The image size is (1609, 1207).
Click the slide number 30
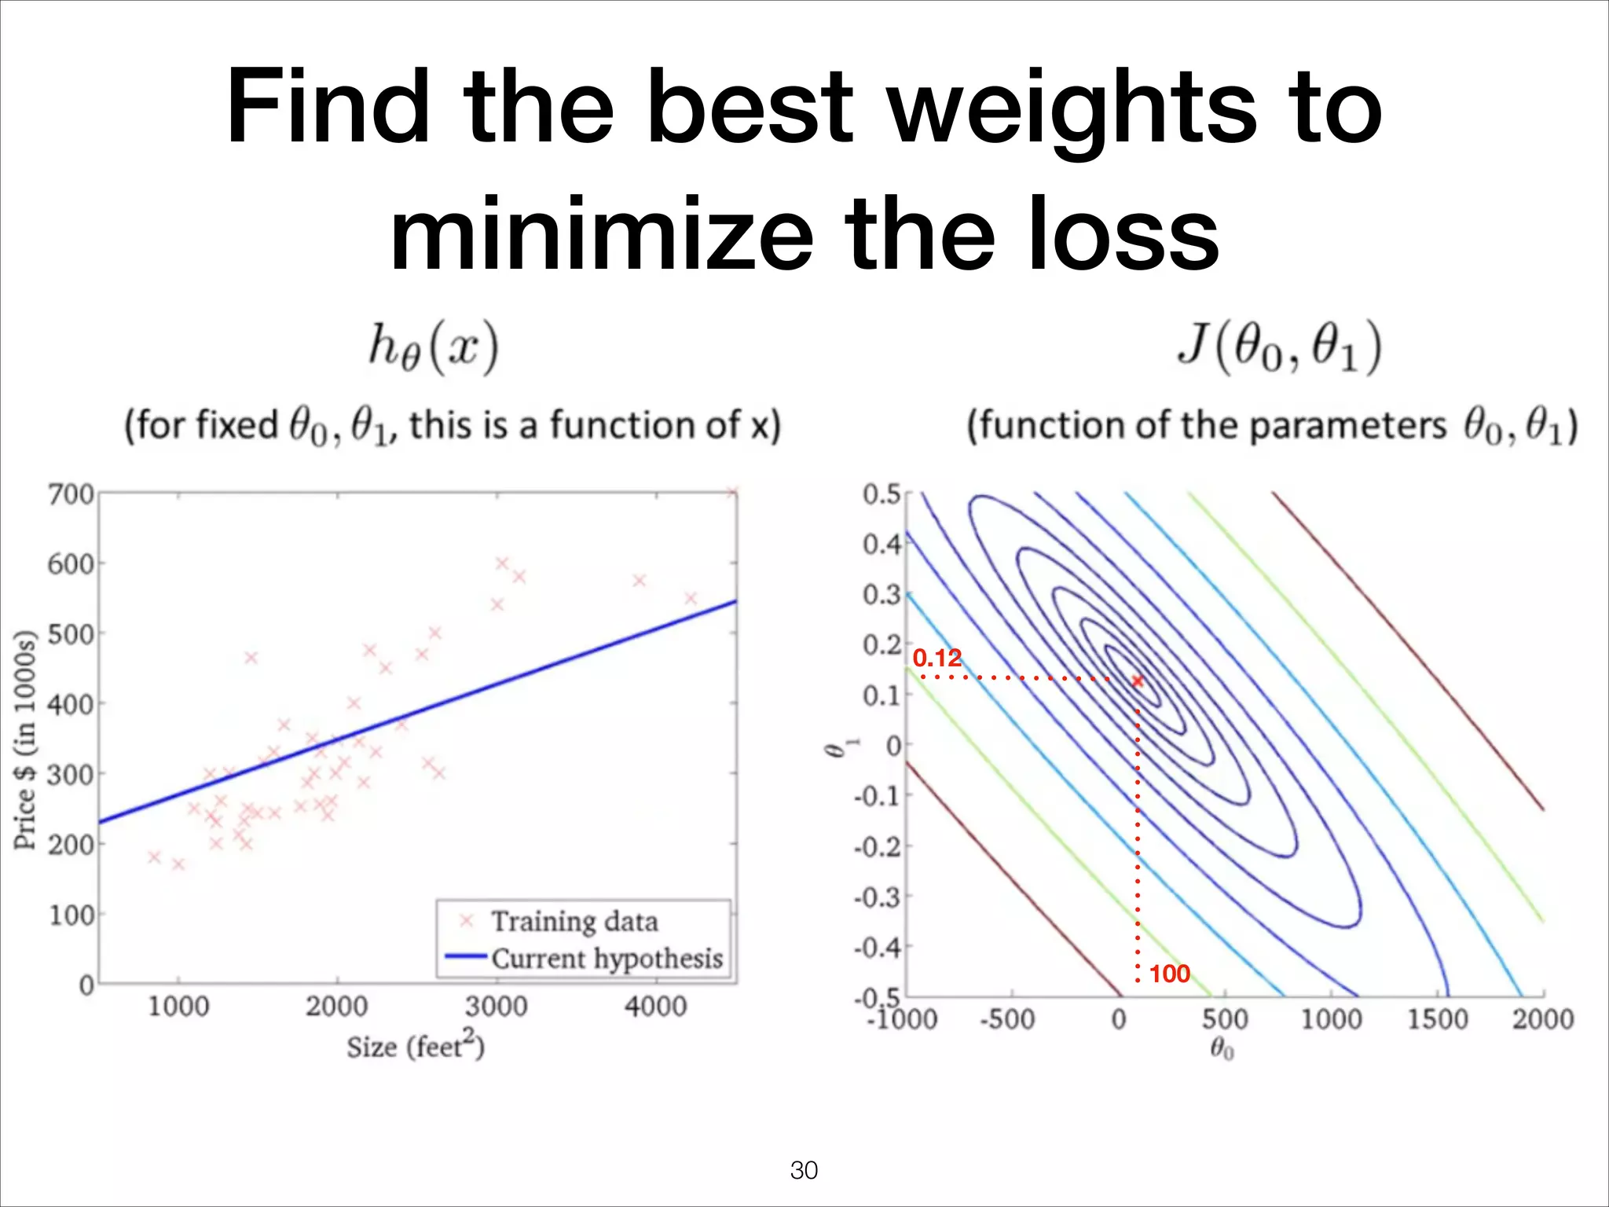(x=804, y=1170)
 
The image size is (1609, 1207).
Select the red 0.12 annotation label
(x=936, y=658)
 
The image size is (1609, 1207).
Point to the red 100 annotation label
(x=1169, y=974)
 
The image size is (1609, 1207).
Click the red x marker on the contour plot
(x=1137, y=681)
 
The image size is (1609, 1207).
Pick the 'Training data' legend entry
(x=574, y=921)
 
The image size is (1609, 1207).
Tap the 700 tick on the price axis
(x=71, y=495)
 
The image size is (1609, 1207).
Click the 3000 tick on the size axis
(x=497, y=1006)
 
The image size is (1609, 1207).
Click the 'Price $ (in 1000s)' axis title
(x=25, y=739)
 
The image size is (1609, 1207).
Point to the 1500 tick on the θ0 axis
(x=1437, y=1019)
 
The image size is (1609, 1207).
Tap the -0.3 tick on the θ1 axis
(x=878, y=897)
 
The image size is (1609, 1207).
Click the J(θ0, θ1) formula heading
(x=1278, y=347)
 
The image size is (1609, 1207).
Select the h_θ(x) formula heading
(x=434, y=347)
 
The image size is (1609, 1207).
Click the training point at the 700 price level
(x=731, y=493)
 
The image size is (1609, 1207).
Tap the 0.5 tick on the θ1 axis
(x=881, y=494)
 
